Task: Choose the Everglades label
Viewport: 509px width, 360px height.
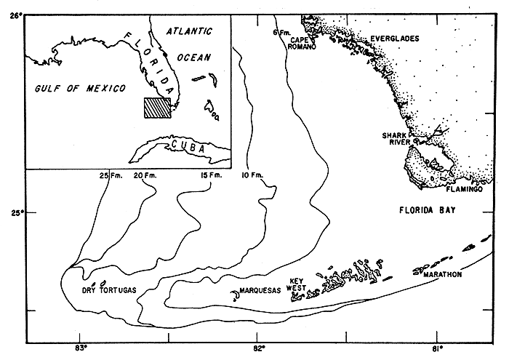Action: [x=395, y=38]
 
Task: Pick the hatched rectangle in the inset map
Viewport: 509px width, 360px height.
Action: [x=156, y=108]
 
